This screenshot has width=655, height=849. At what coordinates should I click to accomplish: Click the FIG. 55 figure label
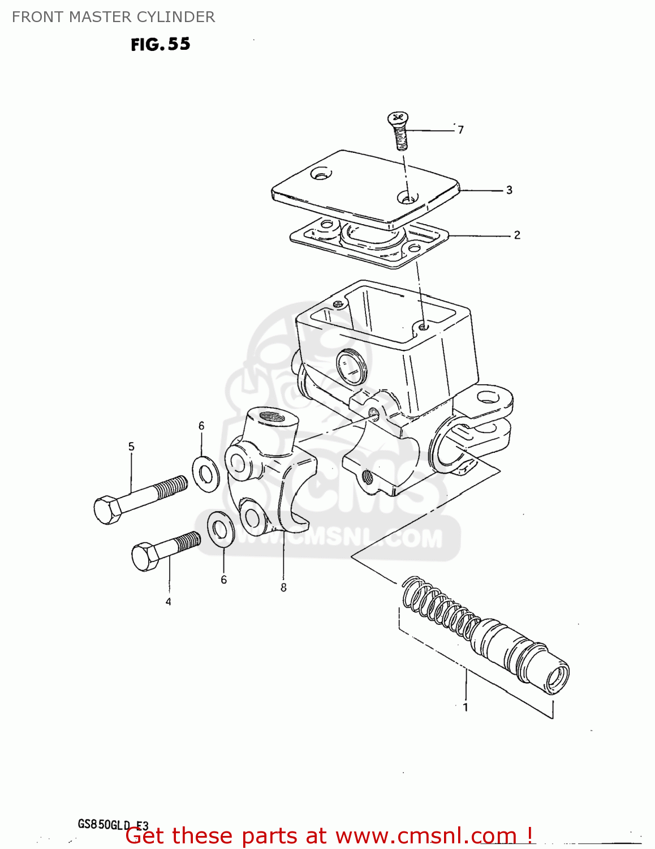pos(161,44)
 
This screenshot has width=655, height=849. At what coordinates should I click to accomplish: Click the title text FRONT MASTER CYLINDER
pos(113,17)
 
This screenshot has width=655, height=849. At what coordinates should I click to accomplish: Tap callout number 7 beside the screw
pos(461,130)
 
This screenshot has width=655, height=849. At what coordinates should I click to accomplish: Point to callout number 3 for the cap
pos(509,190)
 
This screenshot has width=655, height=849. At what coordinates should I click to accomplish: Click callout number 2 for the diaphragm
pos(517,235)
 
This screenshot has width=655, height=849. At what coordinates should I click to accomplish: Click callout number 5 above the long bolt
pos(131,447)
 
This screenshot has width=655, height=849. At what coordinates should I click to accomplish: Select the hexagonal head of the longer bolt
pos(107,509)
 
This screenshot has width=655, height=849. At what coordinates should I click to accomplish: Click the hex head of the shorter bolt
pos(144,556)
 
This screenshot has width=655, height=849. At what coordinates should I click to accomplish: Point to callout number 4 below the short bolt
pos(168,602)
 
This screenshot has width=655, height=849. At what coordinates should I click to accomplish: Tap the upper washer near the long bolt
pos(206,473)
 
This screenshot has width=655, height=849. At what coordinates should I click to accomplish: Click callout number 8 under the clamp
pos(283,588)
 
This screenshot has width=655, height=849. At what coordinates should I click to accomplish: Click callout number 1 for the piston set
pos(466,707)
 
